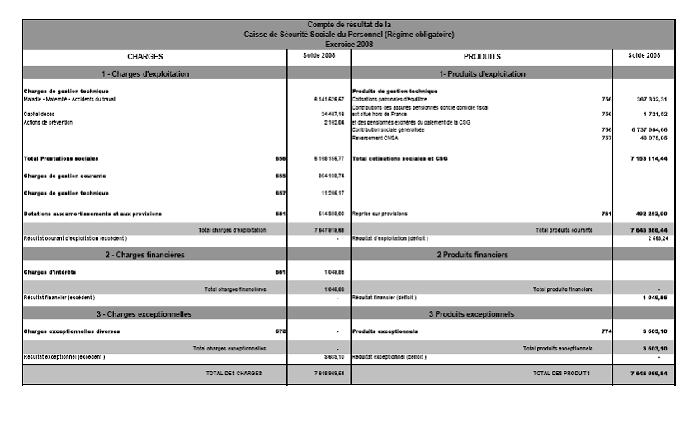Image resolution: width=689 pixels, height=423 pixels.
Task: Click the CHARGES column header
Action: tap(144, 57)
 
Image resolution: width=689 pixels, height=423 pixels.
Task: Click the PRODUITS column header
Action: tap(482, 57)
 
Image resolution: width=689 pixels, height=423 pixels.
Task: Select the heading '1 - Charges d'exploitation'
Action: tap(144, 74)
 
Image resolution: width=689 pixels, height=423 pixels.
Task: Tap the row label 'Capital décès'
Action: tap(37, 114)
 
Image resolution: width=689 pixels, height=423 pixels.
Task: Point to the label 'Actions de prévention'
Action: tap(49, 122)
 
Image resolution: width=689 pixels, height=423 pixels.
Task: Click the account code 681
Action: tap(279, 214)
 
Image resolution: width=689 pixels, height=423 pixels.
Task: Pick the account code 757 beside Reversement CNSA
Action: tap(606, 138)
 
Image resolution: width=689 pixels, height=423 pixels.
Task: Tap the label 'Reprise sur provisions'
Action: tap(380, 214)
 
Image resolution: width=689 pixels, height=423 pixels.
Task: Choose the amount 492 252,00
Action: tap(648, 214)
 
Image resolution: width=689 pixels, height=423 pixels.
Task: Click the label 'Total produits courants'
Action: tap(564, 229)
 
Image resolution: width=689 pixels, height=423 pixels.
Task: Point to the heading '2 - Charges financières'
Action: tap(144, 255)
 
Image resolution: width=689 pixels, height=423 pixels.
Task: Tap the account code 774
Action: tap(606, 331)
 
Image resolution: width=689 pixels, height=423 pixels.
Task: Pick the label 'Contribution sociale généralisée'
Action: tap(389, 130)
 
